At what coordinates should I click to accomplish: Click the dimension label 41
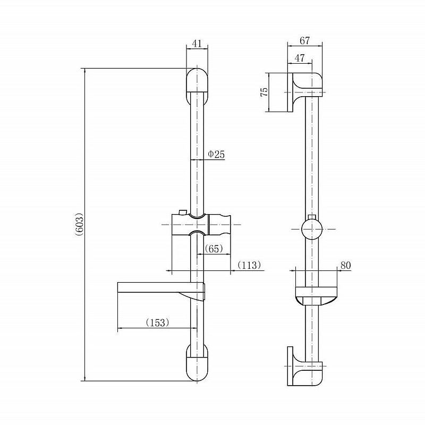(x=197, y=44)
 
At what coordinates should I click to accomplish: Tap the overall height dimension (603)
(x=79, y=224)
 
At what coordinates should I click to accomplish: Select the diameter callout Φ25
(x=216, y=154)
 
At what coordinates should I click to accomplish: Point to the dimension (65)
(x=214, y=249)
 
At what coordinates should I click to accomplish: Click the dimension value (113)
(x=249, y=265)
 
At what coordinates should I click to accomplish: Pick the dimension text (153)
(x=157, y=322)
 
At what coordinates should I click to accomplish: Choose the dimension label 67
(x=304, y=41)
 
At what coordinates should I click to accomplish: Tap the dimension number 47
(x=299, y=58)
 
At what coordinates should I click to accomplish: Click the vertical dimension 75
(x=264, y=91)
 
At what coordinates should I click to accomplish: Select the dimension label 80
(x=346, y=265)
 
